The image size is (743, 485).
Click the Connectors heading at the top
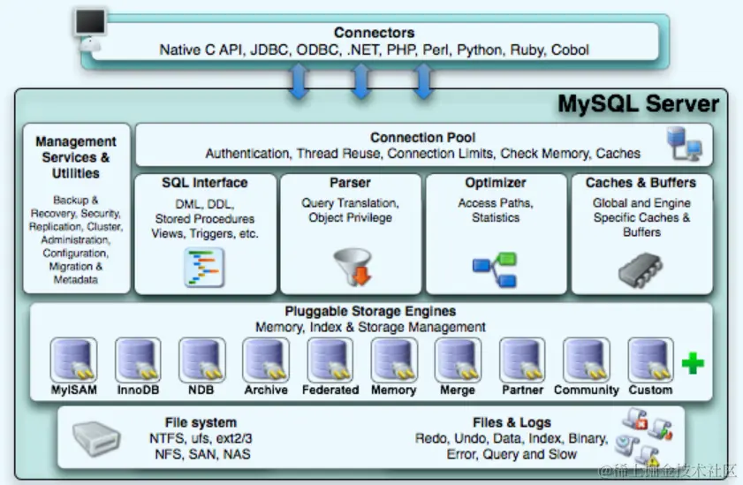coord(374,33)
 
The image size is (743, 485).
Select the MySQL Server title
coord(638,104)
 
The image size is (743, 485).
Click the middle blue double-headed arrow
coord(360,82)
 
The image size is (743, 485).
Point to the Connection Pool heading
coord(422,137)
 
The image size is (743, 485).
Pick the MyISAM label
coord(73,390)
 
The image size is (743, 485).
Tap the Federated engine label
coord(330,390)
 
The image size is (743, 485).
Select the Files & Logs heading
coord(512,422)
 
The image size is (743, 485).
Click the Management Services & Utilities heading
coord(76,157)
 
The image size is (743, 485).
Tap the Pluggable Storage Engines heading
coord(370,311)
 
